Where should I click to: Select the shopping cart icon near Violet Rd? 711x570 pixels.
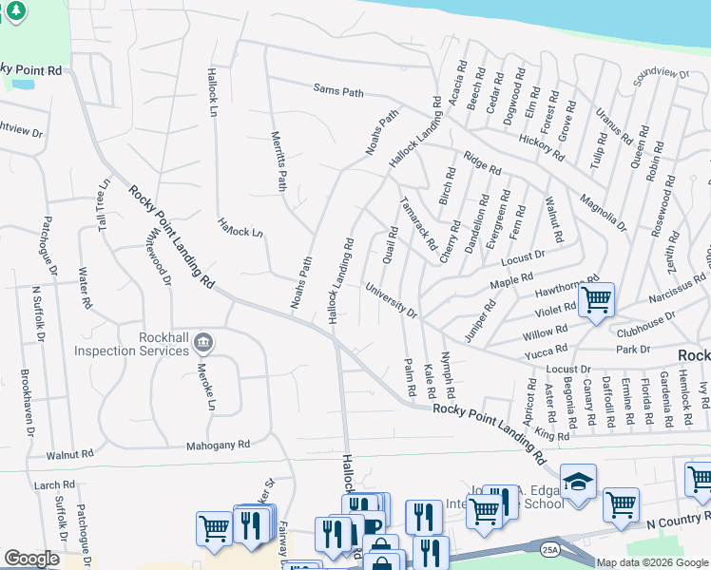tap(596, 300)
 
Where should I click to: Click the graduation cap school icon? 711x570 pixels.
tap(577, 481)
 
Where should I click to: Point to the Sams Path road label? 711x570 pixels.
tap(338, 91)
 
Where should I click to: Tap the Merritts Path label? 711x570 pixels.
tap(279, 161)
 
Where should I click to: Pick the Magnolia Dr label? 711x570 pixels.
tap(604, 213)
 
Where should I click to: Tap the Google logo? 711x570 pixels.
tap(32, 559)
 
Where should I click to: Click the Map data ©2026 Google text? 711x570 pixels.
tap(651, 562)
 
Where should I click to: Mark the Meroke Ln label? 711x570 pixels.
tap(202, 388)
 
